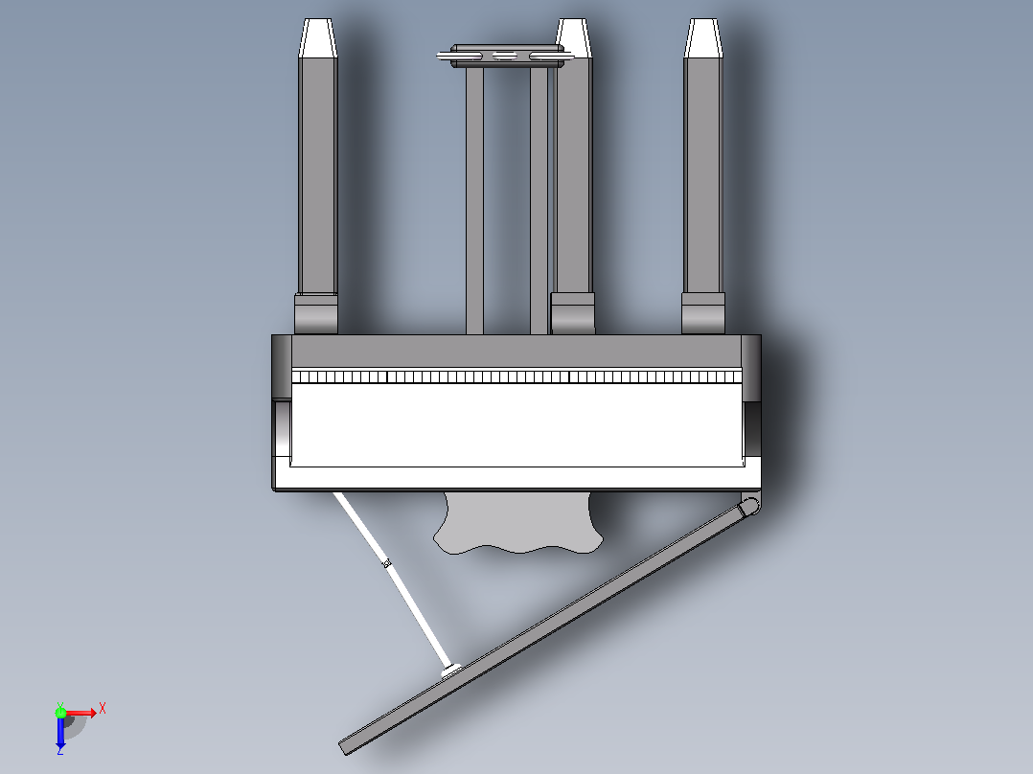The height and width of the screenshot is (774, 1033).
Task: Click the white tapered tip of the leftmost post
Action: coord(317,37)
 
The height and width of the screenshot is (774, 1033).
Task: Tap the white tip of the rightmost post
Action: coord(703,37)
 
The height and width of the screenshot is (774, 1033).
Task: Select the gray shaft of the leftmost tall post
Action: coord(317,175)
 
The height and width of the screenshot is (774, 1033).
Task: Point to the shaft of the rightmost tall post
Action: coord(703,175)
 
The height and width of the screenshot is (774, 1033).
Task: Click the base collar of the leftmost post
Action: coord(316,313)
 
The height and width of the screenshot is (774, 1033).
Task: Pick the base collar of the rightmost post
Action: coord(703,313)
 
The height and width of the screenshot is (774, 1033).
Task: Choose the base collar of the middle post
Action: coord(572,313)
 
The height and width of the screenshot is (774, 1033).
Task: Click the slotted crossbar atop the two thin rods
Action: coord(506,56)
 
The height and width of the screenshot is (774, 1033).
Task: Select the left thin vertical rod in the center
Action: coord(474,200)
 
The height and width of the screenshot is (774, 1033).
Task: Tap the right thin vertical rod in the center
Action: coord(539,200)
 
